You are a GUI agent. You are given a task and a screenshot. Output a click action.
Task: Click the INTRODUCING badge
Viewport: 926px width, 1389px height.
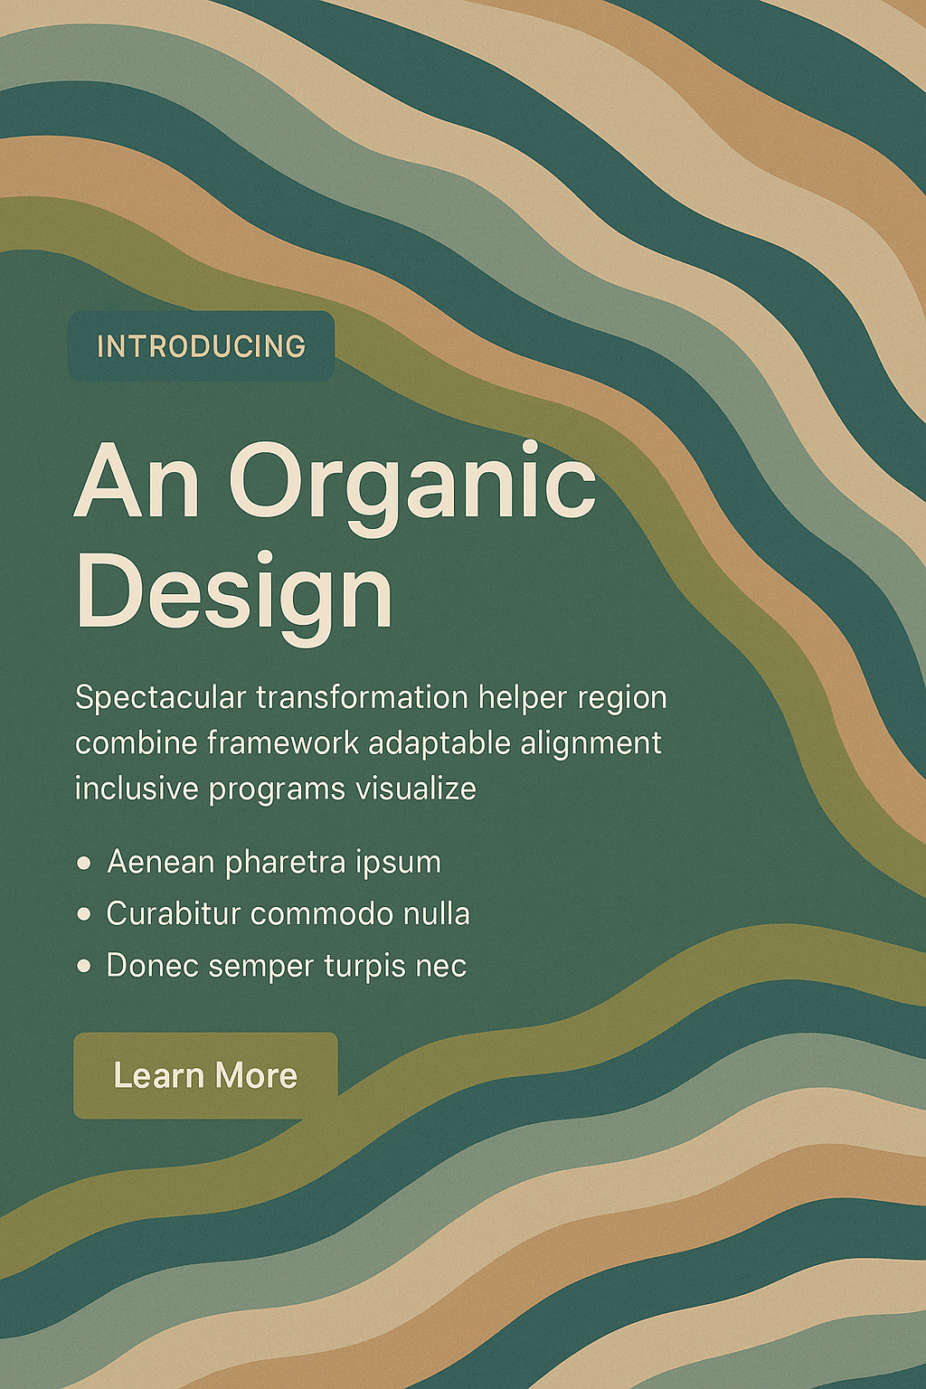(x=201, y=346)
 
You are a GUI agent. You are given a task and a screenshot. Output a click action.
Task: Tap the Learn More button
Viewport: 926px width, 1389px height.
(x=205, y=1076)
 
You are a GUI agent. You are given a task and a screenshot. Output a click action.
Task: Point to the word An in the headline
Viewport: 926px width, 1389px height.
(x=137, y=480)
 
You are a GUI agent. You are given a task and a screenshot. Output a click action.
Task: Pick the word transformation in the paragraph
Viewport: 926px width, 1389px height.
(x=363, y=697)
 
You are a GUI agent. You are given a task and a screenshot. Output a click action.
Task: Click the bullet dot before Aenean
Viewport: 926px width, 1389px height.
(x=84, y=864)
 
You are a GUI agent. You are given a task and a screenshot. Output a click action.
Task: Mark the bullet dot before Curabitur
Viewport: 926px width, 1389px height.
(x=84, y=914)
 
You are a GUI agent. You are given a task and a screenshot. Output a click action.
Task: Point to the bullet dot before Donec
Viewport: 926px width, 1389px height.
(x=84, y=966)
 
